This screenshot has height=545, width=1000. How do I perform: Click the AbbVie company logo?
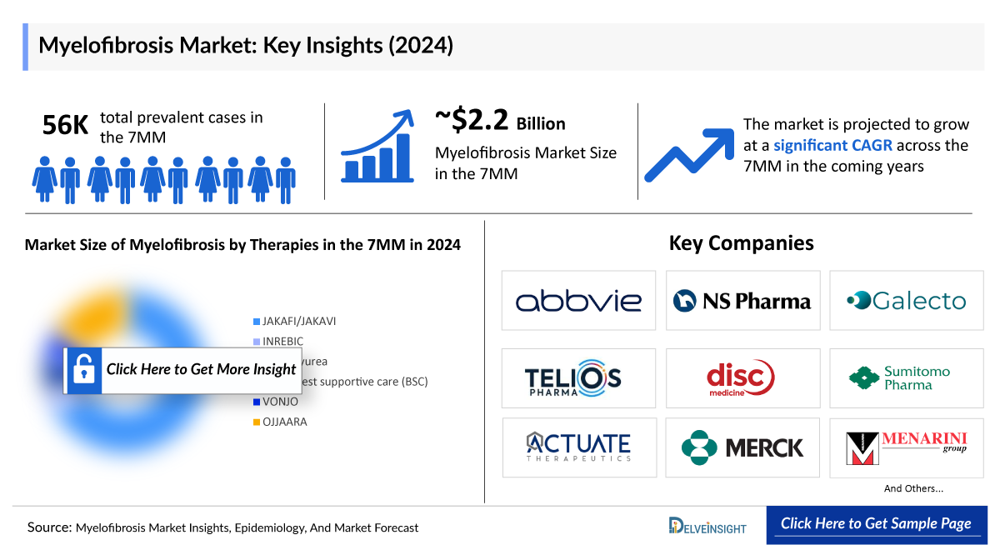578,301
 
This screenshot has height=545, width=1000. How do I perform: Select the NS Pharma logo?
742,301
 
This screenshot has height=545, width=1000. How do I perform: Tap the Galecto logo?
906,301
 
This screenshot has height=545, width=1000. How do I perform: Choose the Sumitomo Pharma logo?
906,378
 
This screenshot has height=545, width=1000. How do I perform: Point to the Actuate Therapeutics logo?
578,447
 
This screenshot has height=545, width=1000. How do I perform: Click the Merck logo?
742,447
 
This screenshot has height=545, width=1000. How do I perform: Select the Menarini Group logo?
906,447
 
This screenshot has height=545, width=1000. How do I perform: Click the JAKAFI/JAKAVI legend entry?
298,322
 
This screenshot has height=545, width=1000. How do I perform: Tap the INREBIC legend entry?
282,342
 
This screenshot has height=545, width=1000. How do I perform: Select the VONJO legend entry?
280,402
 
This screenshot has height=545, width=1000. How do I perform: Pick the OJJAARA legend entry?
284,422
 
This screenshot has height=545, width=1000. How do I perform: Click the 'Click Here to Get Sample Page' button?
876,524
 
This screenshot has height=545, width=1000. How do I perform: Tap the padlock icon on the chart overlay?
84,370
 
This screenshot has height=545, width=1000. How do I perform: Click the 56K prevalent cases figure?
65,125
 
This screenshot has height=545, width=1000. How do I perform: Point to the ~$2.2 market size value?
472,121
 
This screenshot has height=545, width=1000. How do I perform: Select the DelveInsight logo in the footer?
707,526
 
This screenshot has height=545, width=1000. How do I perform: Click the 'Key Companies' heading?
741,243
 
